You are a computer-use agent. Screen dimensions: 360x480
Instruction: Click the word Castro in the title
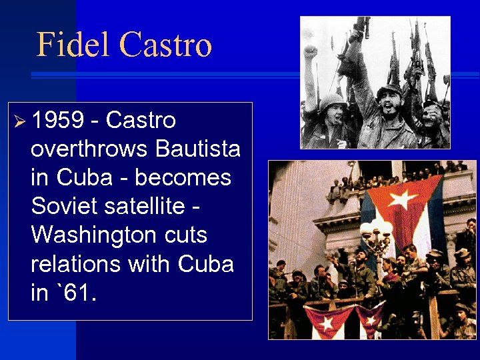click(x=165, y=45)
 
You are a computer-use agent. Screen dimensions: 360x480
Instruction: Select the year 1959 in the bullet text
click(x=59, y=121)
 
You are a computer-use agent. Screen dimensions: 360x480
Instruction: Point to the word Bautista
click(x=198, y=149)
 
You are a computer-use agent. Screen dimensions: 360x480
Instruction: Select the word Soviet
click(x=63, y=207)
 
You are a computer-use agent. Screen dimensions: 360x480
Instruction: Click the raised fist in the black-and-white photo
click(x=310, y=51)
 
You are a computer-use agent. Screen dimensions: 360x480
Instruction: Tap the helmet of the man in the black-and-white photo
click(x=331, y=101)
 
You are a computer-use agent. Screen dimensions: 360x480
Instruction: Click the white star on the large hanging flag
click(x=402, y=199)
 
